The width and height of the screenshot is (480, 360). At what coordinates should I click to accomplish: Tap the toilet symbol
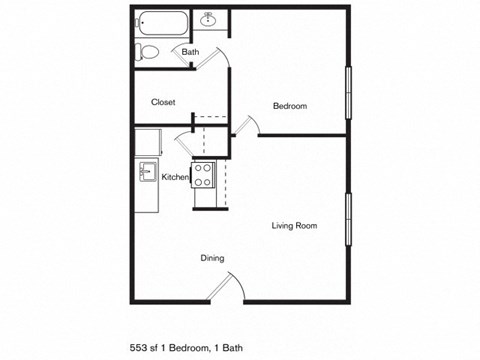click(x=148, y=51)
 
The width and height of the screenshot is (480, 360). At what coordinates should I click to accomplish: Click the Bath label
click(x=190, y=52)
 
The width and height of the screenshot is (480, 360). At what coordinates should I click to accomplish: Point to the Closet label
click(x=163, y=102)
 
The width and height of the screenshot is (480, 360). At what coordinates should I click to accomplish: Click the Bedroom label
click(x=289, y=106)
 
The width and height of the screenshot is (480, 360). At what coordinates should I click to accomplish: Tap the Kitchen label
click(x=176, y=177)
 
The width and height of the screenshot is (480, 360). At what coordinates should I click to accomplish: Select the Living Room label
click(x=294, y=226)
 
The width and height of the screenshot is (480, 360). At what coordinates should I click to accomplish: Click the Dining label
click(x=211, y=258)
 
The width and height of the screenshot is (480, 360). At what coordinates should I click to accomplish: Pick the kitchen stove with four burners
click(x=203, y=175)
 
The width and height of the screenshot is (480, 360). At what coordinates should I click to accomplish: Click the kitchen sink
click(x=146, y=171)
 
